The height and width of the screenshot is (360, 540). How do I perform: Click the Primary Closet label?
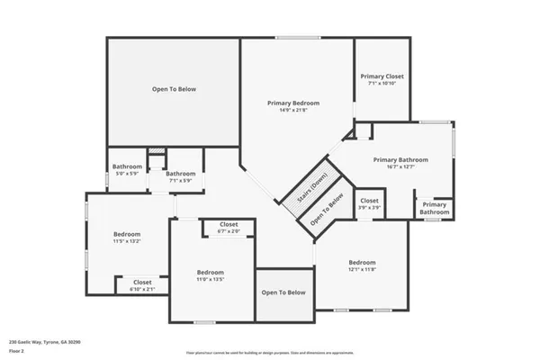tap(382, 76)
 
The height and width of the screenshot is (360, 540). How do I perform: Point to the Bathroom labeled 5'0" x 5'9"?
tap(127, 166)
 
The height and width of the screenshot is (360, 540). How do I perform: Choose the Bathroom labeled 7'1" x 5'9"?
tap(180, 174)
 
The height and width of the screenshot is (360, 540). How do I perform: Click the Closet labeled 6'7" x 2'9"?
tap(229, 225)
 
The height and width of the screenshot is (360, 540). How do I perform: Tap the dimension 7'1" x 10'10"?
tap(382, 84)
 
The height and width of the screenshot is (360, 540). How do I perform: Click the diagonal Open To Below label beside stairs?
tap(328, 209)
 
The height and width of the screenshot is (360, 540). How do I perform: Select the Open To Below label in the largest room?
tap(173, 89)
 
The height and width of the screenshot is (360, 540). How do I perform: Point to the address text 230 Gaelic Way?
tap(41, 342)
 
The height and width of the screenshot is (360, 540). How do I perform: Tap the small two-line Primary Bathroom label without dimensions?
tap(435, 208)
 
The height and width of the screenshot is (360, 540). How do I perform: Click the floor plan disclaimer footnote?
tap(270, 352)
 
